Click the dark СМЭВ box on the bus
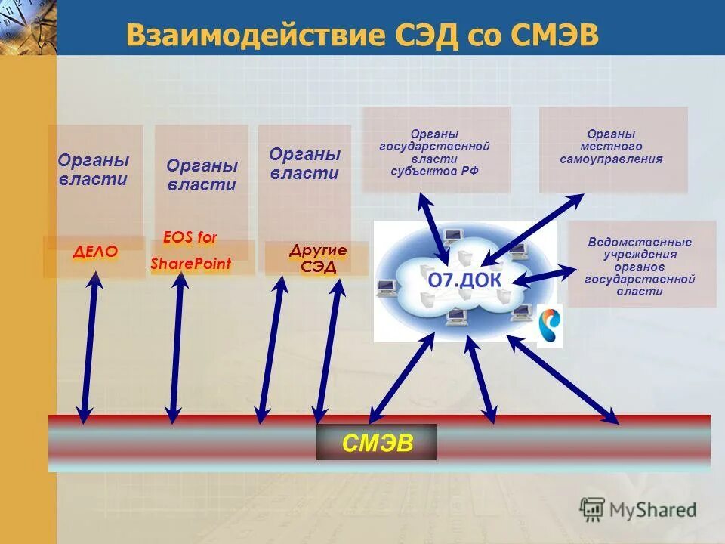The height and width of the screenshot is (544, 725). [376, 442]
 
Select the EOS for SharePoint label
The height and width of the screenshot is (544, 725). [190, 251]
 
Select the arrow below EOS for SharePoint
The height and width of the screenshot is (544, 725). [177, 347]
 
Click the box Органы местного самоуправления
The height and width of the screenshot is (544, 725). [612, 148]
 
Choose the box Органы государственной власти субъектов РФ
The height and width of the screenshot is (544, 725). [436, 149]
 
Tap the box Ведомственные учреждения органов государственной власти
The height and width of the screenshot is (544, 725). [640, 264]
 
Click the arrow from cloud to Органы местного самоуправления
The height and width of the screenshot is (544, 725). [533, 229]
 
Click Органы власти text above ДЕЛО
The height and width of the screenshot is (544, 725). [94, 170]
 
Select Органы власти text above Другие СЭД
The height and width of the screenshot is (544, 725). [305, 164]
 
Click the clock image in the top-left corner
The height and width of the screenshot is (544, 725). [27, 26]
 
